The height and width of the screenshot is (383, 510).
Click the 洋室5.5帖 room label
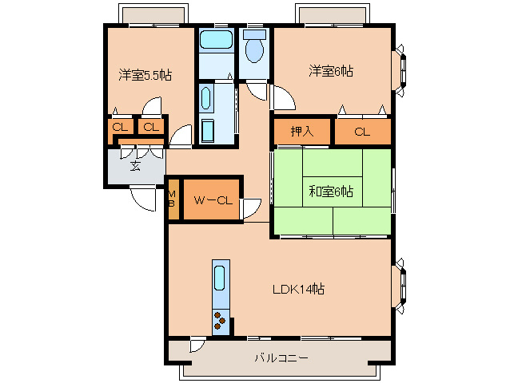tap(145, 75)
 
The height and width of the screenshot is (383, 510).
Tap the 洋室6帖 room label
tap(331, 71)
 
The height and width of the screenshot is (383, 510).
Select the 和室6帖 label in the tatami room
tap(331, 191)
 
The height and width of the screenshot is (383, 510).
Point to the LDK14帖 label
tap(298, 289)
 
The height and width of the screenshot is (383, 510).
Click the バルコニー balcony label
tap(281, 358)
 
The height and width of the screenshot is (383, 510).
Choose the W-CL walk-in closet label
tap(213, 200)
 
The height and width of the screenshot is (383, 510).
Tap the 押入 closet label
tap(302, 132)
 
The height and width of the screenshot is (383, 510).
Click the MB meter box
tap(172, 199)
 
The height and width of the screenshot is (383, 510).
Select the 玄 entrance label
tap(135, 166)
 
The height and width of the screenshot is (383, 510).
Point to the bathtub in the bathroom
tap(216, 40)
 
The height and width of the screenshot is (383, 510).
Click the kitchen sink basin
tap(220, 278)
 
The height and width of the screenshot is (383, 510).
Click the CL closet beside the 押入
tap(362, 132)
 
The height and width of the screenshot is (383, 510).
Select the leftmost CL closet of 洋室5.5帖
tap(121, 127)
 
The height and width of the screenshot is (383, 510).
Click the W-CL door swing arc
tap(252, 208)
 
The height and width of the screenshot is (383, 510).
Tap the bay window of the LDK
tap(400, 286)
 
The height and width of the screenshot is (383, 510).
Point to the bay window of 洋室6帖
tap(400, 71)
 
